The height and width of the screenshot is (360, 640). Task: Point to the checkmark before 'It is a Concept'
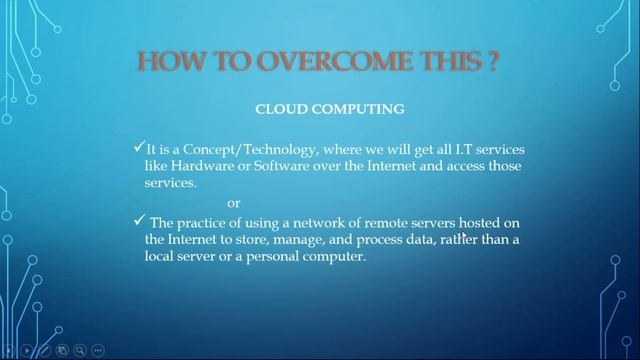[138, 147]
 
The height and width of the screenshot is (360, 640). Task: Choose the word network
[317, 222]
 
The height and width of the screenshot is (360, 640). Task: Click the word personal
[279, 257]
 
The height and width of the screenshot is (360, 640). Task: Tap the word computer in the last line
[338, 257]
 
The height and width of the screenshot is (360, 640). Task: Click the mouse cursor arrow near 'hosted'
[464, 237]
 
